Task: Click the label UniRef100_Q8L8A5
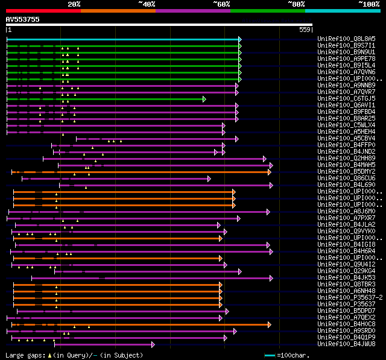341,39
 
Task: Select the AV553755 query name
22,19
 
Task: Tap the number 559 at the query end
305,30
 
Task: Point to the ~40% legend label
147,4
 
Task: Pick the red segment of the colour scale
43,10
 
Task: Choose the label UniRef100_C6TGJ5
341,98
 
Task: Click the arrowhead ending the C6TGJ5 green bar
204,98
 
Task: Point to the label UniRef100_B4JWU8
341,344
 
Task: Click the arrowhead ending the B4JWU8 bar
153,344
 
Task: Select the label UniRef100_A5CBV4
341,138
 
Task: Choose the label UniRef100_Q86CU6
341,178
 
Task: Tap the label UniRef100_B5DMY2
341,171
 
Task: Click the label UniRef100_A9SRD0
341,330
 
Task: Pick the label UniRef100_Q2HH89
341,158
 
